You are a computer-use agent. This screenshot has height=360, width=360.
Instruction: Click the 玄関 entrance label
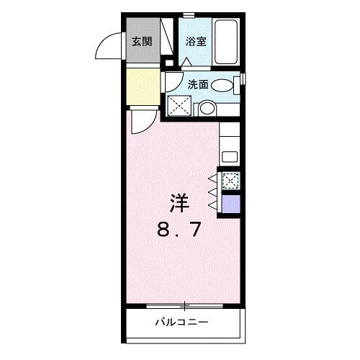[x=141, y=41]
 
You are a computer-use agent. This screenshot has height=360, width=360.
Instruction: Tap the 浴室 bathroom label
[x=196, y=41]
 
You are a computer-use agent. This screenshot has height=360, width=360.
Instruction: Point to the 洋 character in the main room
[x=180, y=204]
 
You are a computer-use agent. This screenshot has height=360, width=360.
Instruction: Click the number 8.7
[x=180, y=231]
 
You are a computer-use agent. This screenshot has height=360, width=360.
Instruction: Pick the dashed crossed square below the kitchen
[x=231, y=181]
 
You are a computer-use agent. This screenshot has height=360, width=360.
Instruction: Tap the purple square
[x=231, y=204]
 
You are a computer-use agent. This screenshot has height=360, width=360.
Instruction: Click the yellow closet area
[x=143, y=86]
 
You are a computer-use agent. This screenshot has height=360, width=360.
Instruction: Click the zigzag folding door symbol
[x=214, y=192]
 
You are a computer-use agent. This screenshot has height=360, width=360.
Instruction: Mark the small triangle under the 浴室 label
[x=186, y=61]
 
